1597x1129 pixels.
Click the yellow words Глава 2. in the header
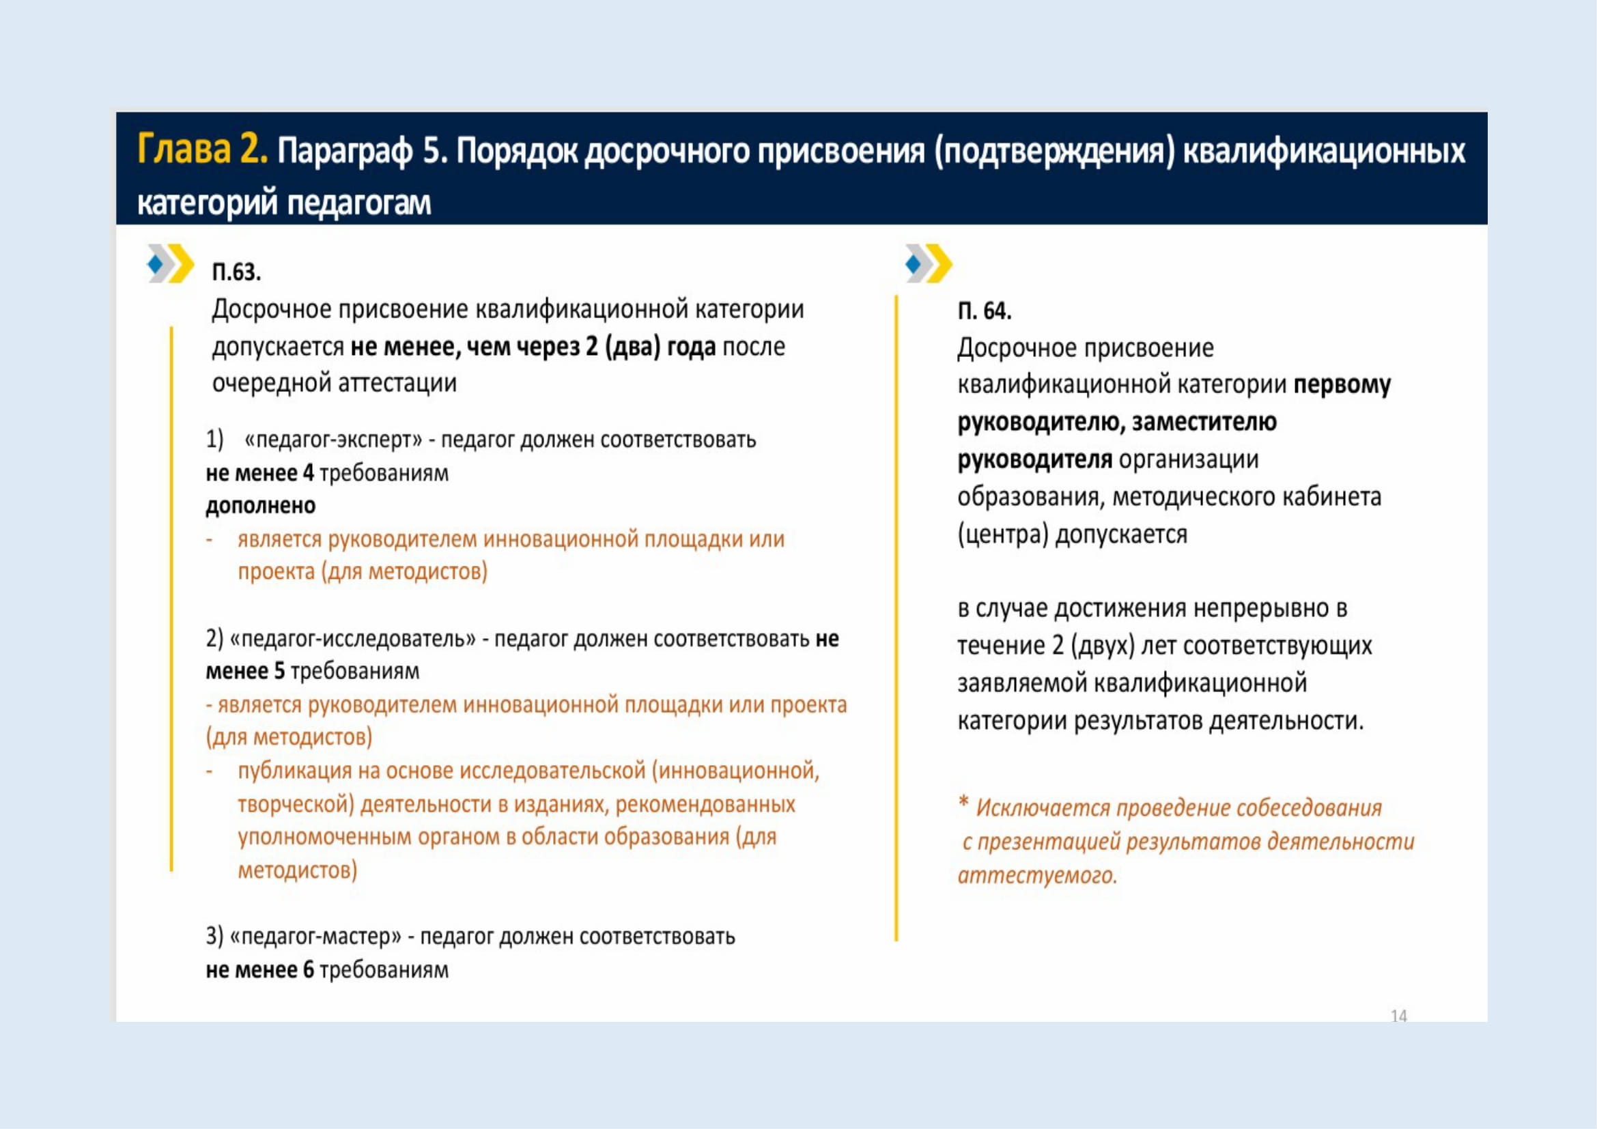202,150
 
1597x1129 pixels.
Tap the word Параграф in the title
345,152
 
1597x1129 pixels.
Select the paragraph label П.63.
236,272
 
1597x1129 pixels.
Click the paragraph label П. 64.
985,311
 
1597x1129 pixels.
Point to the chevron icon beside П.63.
171,263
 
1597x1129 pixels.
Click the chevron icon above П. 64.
929,263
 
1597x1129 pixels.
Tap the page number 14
1399,1016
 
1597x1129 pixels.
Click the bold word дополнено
261,505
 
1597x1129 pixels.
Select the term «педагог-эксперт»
333,440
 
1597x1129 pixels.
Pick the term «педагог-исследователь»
352,639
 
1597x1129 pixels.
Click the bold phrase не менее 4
260,474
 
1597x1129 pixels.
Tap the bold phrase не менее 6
260,970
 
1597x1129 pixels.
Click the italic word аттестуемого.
1037,874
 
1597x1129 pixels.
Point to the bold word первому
1342,385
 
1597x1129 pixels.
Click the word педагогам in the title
359,203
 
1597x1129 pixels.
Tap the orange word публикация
296,771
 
